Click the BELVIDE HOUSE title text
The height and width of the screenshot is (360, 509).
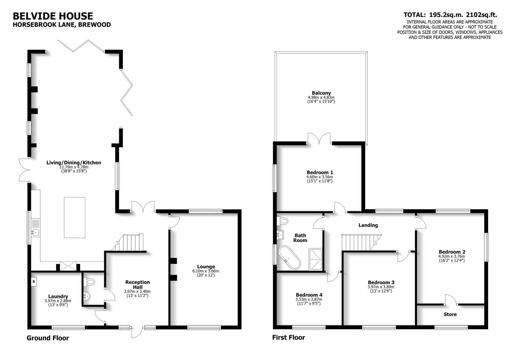pyautogui.click(x=53, y=16)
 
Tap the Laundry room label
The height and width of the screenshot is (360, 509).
pyautogui.click(x=58, y=296)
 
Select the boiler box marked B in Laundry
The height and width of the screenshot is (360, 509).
pyautogui.click(x=34, y=282)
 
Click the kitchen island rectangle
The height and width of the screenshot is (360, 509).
pyautogui.click(x=74, y=217)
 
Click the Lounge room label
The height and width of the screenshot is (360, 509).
pyautogui.click(x=206, y=266)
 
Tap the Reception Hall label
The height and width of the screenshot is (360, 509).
pyautogui.click(x=138, y=284)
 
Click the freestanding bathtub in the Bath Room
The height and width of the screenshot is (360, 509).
pyautogui.click(x=289, y=258)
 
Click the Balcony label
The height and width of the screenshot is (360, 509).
pyautogui.click(x=321, y=93)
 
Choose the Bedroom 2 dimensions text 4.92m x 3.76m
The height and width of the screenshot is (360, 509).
pyautogui.click(x=451, y=256)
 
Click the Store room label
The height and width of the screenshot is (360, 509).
pyautogui.click(x=450, y=314)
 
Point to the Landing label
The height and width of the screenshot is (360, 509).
pyautogui.click(x=368, y=225)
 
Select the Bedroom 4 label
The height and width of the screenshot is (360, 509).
pyautogui.click(x=309, y=295)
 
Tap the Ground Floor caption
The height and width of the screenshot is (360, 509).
pyautogui.click(x=48, y=338)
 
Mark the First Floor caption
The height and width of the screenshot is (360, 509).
pyautogui.click(x=288, y=337)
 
